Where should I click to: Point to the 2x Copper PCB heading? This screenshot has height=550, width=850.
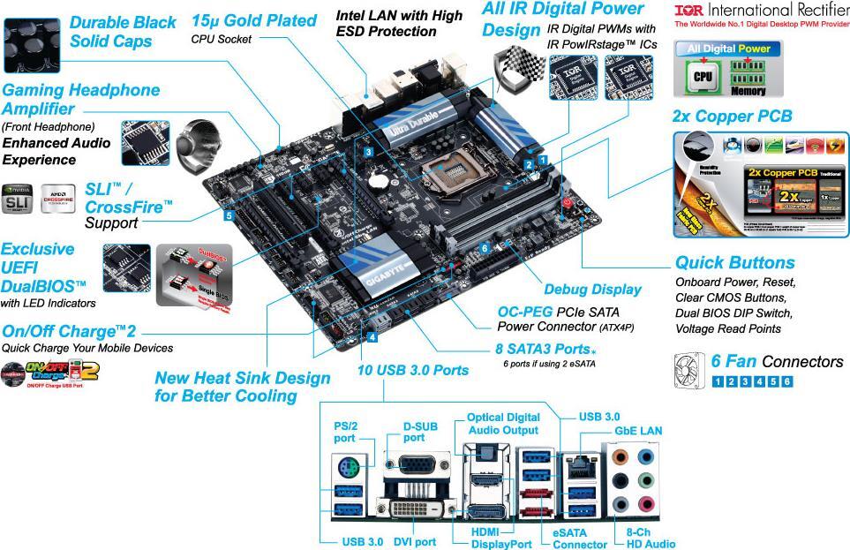pos(732,116)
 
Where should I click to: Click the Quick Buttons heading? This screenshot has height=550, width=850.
pos(734,262)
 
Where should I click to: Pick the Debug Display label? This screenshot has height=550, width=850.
pos(592,289)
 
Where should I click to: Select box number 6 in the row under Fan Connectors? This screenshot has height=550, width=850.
pos(786,381)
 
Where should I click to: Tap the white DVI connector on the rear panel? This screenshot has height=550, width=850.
pos(415,509)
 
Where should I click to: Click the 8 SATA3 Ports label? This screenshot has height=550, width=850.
pos(542,349)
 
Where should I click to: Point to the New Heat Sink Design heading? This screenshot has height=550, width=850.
pos(242,387)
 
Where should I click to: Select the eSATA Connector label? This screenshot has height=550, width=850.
pos(579,538)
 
